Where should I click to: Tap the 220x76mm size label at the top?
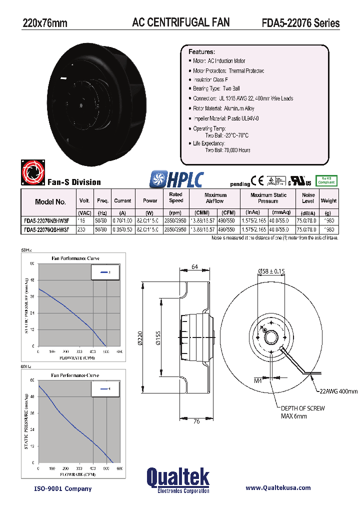(45, 23)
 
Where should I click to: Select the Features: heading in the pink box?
(201, 52)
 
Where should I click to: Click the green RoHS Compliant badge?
(327, 181)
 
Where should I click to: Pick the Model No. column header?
(50, 202)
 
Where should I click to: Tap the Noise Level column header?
(308, 198)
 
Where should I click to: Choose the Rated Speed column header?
(176, 197)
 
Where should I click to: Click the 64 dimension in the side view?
(195, 267)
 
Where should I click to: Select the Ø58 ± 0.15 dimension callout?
(271, 271)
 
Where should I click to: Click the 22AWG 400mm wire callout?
(338, 391)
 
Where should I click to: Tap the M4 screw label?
(258, 381)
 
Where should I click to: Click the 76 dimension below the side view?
(196, 421)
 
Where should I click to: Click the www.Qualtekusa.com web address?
(278, 488)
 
